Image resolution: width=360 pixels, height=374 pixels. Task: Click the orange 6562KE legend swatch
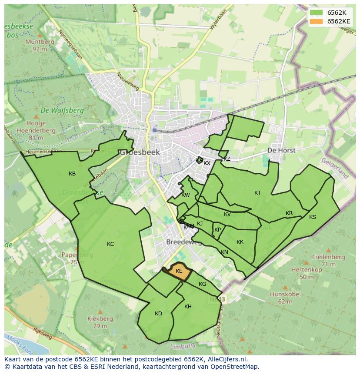click(317, 21)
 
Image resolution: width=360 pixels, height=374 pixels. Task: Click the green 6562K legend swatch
click(317, 13)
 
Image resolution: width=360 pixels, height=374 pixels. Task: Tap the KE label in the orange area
click(179, 271)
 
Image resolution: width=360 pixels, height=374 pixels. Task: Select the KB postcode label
click(72, 174)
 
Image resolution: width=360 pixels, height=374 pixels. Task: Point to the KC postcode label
click(110, 244)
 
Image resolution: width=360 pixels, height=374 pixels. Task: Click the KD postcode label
click(158, 314)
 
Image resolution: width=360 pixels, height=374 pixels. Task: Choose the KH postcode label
click(188, 307)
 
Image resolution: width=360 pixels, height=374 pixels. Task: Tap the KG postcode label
click(202, 284)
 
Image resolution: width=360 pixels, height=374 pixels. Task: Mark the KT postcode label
click(258, 193)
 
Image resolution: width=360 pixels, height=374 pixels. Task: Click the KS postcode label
click(313, 217)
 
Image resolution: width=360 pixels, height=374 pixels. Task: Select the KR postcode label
click(289, 213)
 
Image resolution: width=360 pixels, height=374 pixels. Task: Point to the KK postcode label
click(240, 242)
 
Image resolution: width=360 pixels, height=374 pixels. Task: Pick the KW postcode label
click(186, 195)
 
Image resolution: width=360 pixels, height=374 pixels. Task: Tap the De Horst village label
click(281, 150)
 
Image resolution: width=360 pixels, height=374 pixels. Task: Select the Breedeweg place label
click(183, 242)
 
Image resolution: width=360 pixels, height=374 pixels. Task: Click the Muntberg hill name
click(40, 42)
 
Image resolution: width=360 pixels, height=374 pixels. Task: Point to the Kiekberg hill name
click(100, 318)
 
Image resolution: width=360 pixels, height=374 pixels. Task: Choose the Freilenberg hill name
click(329, 257)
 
